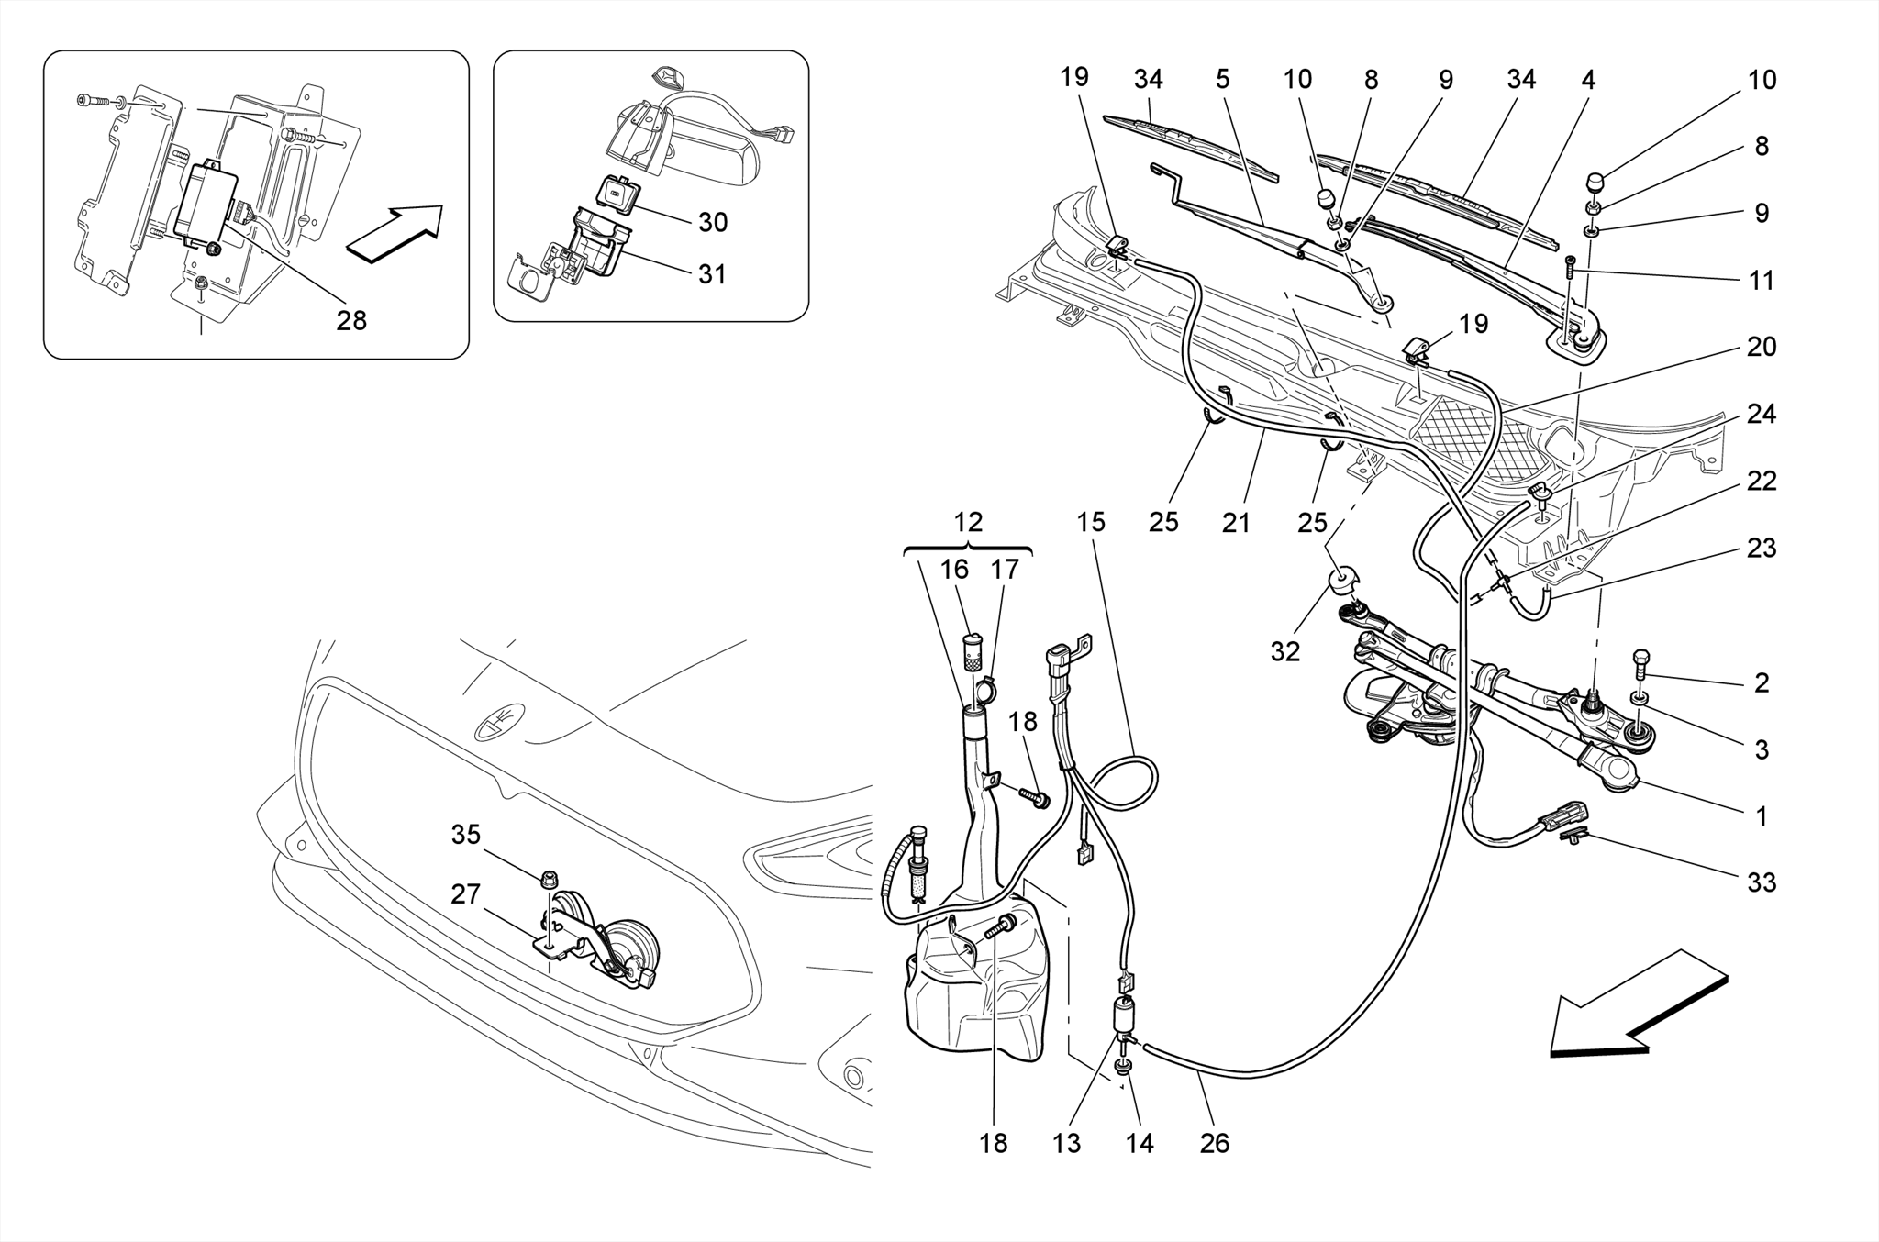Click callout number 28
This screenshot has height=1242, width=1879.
click(x=351, y=321)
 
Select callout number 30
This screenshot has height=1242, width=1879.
click(x=713, y=223)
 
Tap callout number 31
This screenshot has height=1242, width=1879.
click(x=713, y=274)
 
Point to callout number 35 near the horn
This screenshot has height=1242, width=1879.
click(x=465, y=835)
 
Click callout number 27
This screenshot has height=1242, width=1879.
click(x=465, y=893)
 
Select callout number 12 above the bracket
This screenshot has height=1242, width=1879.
click(x=968, y=523)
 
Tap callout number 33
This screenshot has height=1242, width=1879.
click(x=1761, y=882)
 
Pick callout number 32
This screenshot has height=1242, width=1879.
click(x=1285, y=651)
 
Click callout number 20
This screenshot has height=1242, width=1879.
click(x=1761, y=347)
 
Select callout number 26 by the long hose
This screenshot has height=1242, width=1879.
click(x=1215, y=1143)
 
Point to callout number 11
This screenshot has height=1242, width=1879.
click(x=1761, y=281)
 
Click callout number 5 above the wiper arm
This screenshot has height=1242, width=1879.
click(x=1222, y=80)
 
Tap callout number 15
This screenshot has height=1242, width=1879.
click(x=1091, y=523)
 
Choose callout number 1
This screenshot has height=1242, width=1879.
click(x=1761, y=816)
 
